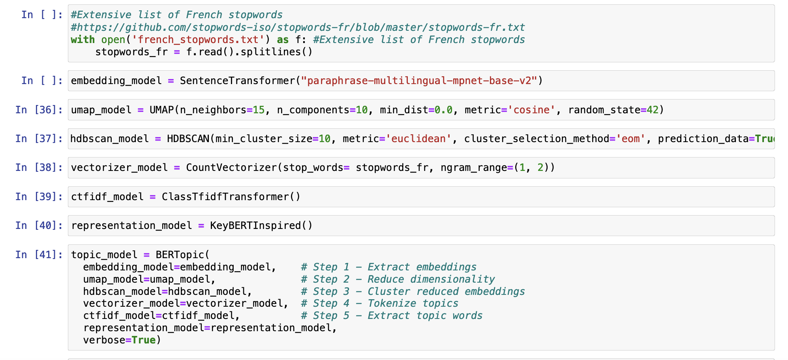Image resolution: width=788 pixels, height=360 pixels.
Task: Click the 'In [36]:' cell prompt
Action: point(39,110)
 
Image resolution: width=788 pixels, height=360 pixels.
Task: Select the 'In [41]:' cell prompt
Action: point(39,255)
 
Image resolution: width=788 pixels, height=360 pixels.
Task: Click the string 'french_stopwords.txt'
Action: point(198,40)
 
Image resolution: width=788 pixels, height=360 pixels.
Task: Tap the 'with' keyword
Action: point(83,40)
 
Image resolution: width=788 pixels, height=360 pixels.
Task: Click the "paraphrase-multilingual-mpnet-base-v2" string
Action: point(419,81)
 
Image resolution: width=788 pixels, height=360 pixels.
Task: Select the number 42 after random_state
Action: point(653,110)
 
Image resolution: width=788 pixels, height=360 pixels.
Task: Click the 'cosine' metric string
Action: point(531,110)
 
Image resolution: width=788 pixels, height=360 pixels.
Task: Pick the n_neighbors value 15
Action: point(259,110)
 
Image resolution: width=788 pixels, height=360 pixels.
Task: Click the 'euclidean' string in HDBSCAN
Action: point(418,139)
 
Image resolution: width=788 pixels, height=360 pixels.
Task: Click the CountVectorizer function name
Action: point(231,168)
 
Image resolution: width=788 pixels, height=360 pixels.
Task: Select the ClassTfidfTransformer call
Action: point(231,197)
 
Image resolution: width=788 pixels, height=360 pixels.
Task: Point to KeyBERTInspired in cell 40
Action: point(255,225)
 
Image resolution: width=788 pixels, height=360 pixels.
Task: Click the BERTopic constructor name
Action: point(180,255)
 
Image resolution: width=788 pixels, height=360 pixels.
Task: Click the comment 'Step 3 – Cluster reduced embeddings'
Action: point(413,291)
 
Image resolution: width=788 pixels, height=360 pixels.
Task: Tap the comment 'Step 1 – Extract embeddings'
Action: point(389,267)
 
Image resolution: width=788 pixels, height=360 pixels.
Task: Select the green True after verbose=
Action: point(144,340)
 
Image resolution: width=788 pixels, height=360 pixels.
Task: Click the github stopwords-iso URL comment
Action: point(298,27)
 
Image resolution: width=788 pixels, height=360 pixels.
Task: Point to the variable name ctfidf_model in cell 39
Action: point(107,197)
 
